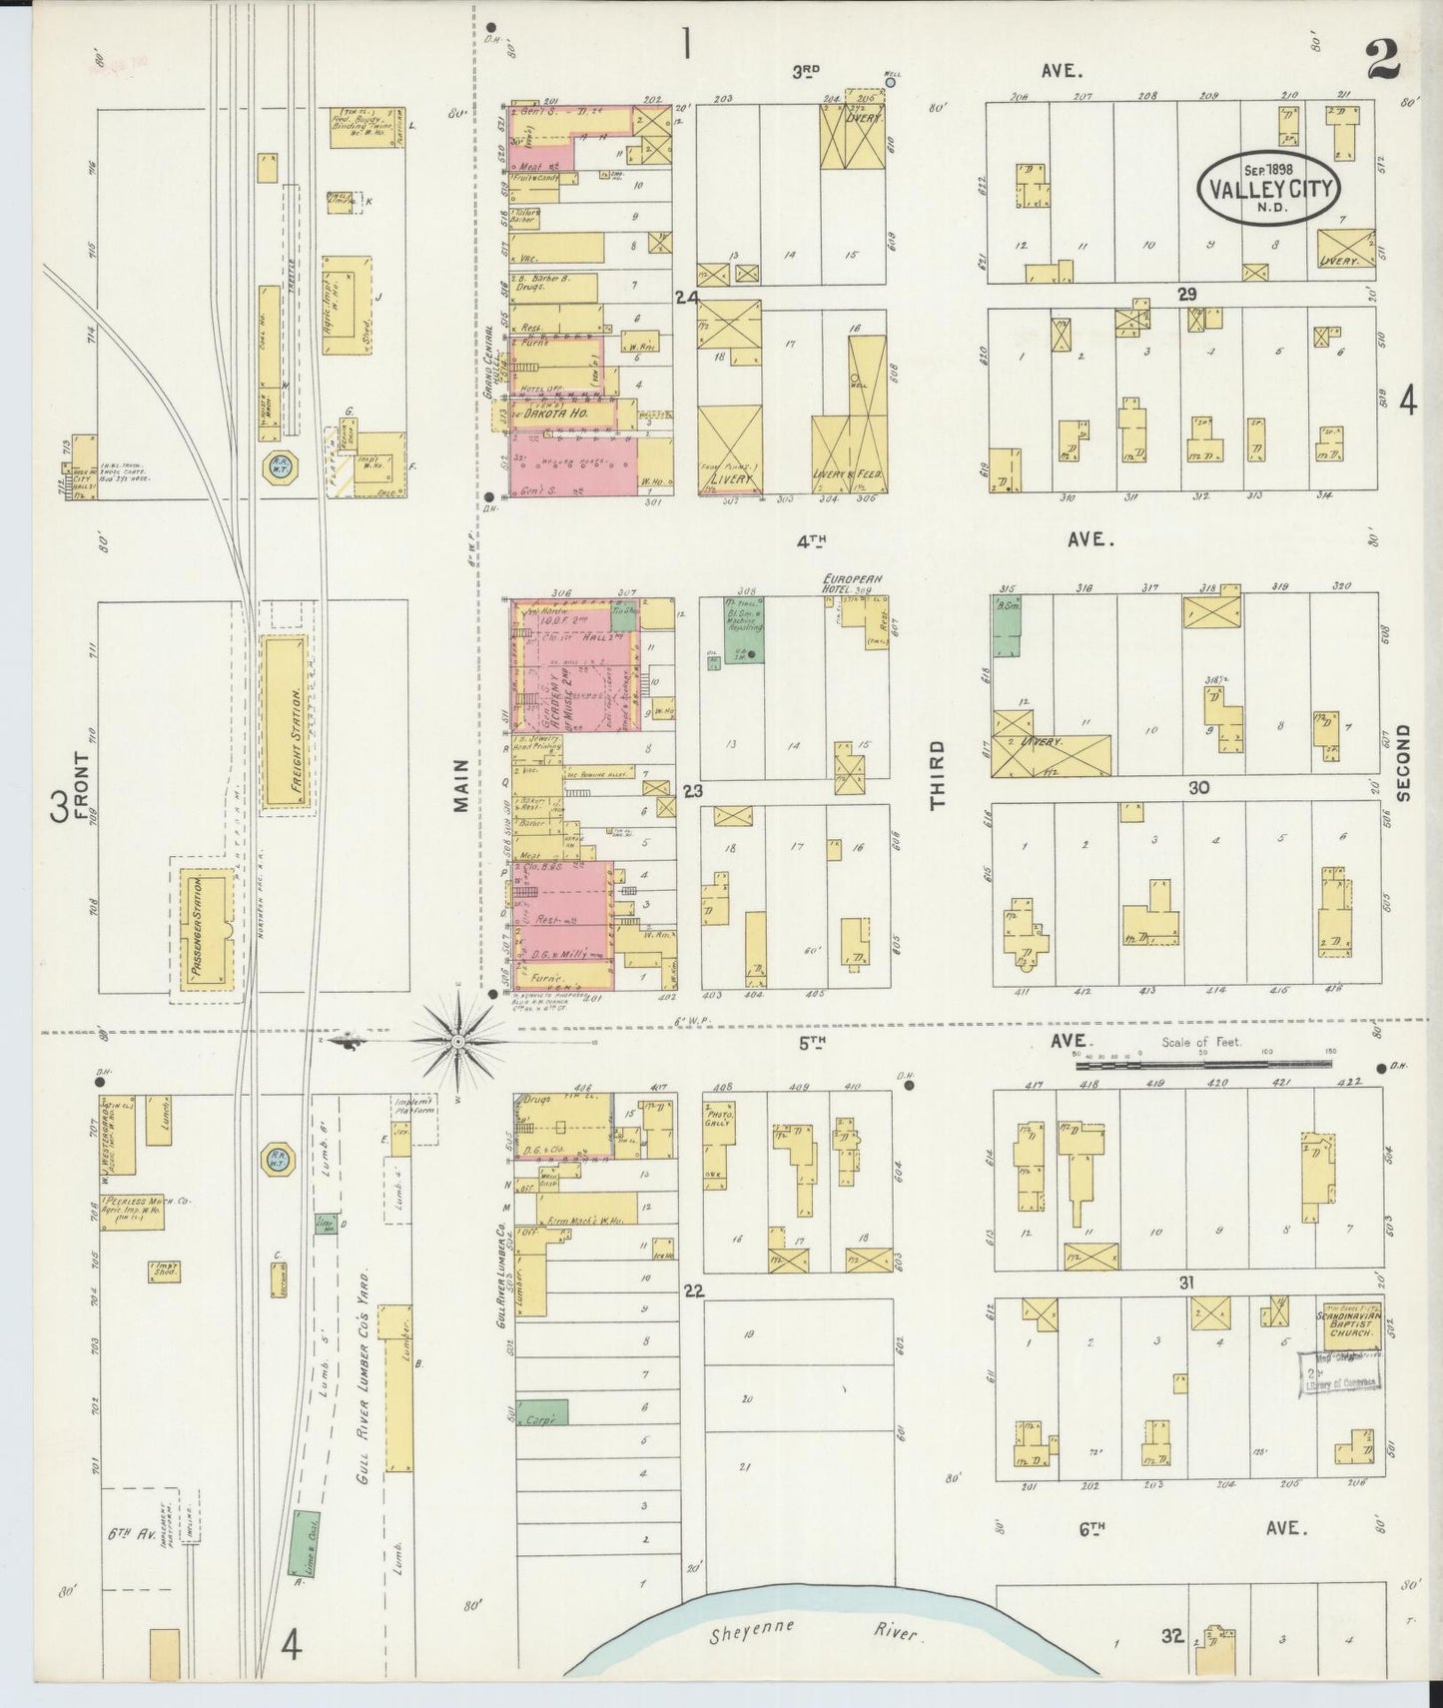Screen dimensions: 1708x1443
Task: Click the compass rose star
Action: coord(457,1042)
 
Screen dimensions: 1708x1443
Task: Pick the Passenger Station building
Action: coord(207,929)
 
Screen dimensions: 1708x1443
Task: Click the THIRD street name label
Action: coord(937,774)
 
